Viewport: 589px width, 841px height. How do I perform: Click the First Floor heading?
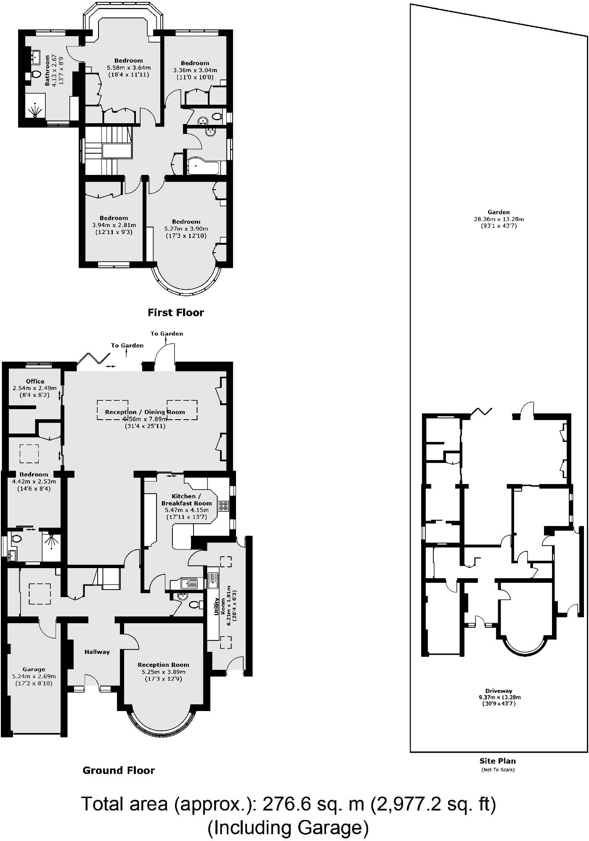pos(175,312)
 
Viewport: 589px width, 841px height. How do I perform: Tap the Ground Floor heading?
pos(119,770)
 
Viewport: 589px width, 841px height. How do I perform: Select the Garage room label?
pos(34,669)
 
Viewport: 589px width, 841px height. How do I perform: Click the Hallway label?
pos(97,652)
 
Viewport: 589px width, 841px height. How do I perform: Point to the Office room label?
pos(35,381)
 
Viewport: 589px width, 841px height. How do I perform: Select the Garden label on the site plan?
pos(499,212)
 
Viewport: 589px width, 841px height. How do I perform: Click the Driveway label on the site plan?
pos(499,691)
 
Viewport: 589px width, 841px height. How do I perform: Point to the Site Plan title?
pos(497,761)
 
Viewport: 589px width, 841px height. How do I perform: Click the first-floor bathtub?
pos(203,167)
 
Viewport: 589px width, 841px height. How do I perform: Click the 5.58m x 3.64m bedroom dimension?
pos(128,68)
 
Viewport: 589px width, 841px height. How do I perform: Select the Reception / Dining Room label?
pos(145,412)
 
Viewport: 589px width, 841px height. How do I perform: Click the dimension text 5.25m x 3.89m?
pos(163,672)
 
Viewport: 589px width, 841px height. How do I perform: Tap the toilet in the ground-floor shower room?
pos(17,539)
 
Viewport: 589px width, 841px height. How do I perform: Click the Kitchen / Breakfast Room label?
pos(186,500)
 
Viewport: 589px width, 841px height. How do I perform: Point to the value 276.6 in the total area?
pos(287,804)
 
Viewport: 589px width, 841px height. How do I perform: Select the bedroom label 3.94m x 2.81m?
pos(114,225)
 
